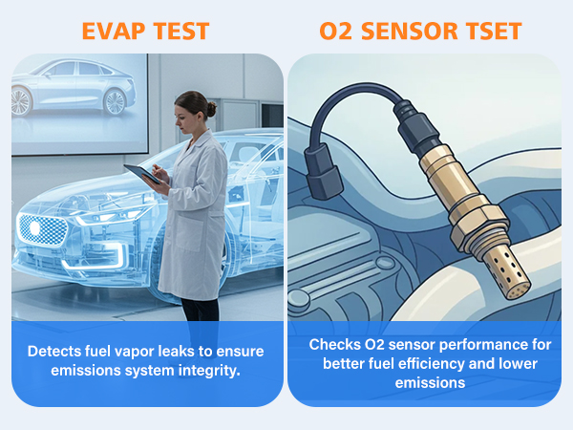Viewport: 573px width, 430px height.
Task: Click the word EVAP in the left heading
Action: (114, 31)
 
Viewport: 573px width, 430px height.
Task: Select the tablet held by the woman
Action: (141, 174)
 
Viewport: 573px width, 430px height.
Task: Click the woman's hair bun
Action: (211, 109)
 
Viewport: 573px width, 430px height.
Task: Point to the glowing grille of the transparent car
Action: (42, 229)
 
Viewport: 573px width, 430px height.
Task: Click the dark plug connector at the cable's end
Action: (323, 171)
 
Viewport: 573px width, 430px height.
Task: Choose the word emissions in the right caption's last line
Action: (430, 383)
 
